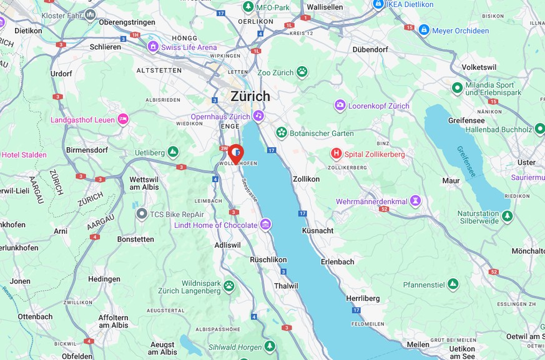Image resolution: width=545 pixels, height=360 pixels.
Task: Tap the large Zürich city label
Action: [x=250, y=96]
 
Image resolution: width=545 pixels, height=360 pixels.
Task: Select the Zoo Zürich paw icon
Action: [x=302, y=72]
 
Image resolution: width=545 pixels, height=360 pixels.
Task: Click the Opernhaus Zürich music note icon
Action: [x=258, y=117]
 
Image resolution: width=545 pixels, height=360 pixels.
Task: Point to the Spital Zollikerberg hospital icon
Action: [x=336, y=153]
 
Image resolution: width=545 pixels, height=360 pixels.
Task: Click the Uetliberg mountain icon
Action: [x=173, y=152]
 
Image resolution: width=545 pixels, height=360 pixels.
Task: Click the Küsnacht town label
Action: [x=318, y=230]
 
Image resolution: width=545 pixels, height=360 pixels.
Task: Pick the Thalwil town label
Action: [x=286, y=286]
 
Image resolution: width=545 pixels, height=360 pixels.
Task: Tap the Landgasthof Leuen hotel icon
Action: [x=123, y=119]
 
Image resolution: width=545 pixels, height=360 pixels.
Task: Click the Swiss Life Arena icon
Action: [x=153, y=47]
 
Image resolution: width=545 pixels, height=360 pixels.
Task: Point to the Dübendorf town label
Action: [x=370, y=49]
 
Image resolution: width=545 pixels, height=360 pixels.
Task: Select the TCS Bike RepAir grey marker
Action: [x=142, y=214]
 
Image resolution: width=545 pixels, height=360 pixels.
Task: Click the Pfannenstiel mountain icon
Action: [x=453, y=285]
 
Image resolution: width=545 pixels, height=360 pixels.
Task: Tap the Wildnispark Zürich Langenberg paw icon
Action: [x=229, y=286]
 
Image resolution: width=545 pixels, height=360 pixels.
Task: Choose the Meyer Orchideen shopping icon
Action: [x=424, y=29]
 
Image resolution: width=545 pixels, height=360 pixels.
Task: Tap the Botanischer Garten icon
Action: [x=282, y=133]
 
